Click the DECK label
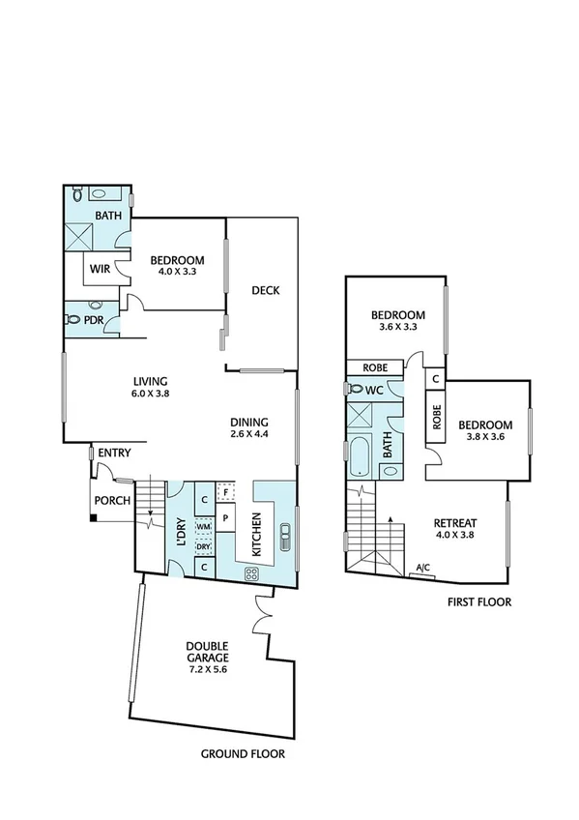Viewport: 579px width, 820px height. click(265, 290)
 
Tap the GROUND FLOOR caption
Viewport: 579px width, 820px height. click(243, 754)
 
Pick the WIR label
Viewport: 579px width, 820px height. click(99, 269)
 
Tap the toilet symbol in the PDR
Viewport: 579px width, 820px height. click(73, 318)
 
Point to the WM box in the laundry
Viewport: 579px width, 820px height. click(203, 527)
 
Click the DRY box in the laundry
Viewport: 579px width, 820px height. click(203, 546)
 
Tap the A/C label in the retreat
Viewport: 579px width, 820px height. click(423, 568)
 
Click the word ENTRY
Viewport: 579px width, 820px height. click(114, 453)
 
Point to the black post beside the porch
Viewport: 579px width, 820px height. click(92, 518)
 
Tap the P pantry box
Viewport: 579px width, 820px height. click(224, 517)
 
